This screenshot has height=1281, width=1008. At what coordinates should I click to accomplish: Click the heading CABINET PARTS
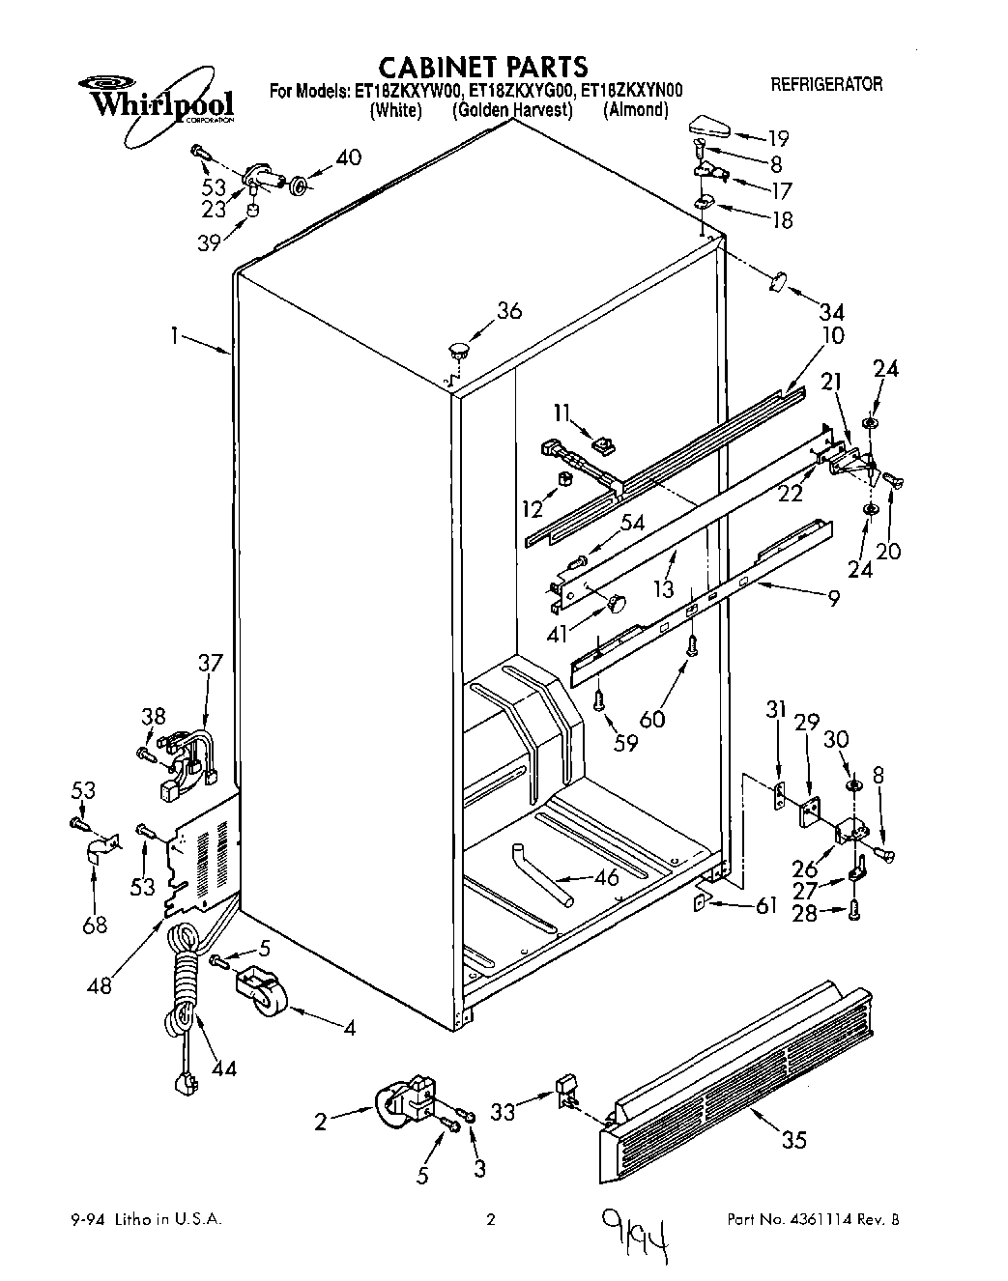coord(481,67)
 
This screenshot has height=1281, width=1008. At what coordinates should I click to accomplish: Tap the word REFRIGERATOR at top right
coord(826,85)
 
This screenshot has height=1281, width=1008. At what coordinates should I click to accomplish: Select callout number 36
coord(508,311)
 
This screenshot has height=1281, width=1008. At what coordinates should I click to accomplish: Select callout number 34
coord(831,312)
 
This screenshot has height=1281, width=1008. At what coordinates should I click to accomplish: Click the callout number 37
coord(210,663)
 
